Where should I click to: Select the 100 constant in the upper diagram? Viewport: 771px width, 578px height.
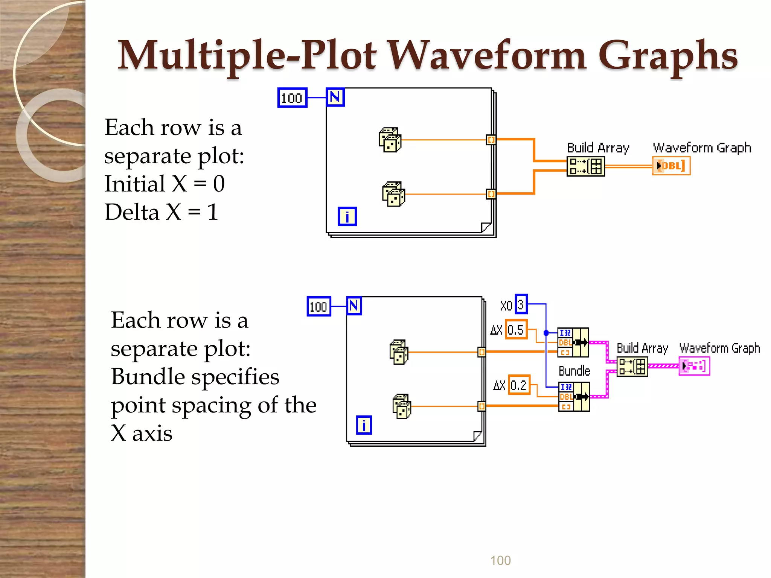pyautogui.click(x=292, y=98)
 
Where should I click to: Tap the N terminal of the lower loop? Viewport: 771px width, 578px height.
pyautogui.click(x=354, y=306)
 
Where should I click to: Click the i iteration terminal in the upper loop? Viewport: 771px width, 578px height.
pyautogui.click(x=347, y=216)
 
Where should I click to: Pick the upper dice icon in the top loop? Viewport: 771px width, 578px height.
pyautogui.click(x=390, y=140)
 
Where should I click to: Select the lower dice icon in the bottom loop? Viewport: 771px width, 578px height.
pyautogui.click(x=402, y=406)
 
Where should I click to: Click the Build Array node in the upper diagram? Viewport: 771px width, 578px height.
pyautogui.click(x=585, y=166)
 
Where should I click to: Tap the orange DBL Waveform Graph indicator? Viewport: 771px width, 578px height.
pyautogui.click(x=671, y=166)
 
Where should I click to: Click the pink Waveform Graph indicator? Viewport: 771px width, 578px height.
pyautogui.click(x=694, y=366)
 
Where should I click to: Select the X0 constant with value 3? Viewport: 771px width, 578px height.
pyautogui.click(x=521, y=304)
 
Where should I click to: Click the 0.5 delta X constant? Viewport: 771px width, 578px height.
pyautogui.click(x=516, y=330)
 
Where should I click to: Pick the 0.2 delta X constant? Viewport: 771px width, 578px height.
pyautogui.click(x=519, y=385)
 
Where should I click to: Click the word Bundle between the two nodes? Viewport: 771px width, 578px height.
pyautogui.click(x=574, y=371)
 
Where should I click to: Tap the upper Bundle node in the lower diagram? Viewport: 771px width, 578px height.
pyautogui.click(x=573, y=342)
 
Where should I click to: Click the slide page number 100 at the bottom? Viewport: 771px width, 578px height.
pyautogui.click(x=500, y=560)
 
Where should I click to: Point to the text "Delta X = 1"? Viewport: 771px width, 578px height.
pyautogui.click(x=162, y=212)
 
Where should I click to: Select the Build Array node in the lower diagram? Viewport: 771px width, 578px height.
pyautogui.click(x=632, y=367)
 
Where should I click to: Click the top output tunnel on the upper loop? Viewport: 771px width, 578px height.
pyautogui.click(x=491, y=140)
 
